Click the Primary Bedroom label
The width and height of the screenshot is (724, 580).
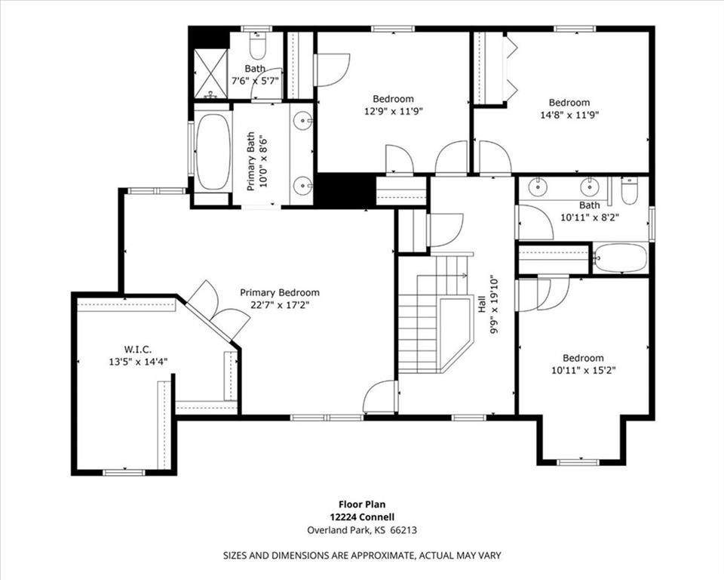pyautogui.click(x=280, y=293)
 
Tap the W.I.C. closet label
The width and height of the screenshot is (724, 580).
pyautogui.click(x=137, y=349)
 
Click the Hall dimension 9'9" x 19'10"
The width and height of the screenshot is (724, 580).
pyautogui.click(x=495, y=305)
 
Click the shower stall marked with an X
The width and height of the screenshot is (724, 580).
pyautogui.click(x=210, y=73)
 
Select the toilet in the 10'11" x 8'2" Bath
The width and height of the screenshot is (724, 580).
pyautogui.click(x=629, y=190)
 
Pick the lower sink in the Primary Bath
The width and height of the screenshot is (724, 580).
pyautogui.click(x=302, y=187)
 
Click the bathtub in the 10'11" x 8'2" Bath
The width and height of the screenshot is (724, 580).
pyautogui.click(x=620, y=258)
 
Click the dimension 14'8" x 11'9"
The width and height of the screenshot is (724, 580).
pyautogui.click(x=569, y=115)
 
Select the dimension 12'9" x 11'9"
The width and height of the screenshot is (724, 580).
pyautogui.click(x=394, y=111)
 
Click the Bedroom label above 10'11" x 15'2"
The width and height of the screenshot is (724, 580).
pyautogui.click(x=583, y=358)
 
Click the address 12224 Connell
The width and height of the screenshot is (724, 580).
pyautogui.click(x=362, y=517)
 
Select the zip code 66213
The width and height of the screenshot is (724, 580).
pyautogui.click(x=403, y=530)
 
